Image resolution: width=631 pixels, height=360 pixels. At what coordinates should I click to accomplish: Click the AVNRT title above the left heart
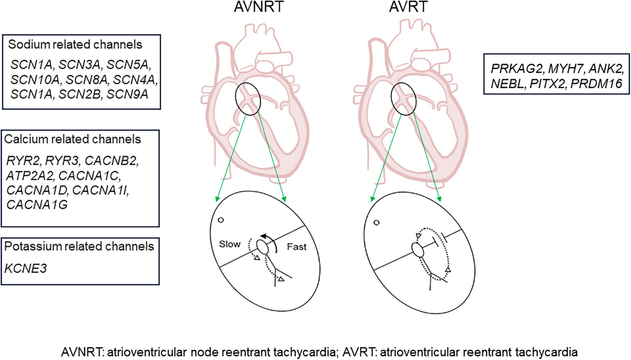[258, 7]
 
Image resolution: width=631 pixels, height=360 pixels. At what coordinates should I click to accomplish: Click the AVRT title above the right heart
[408, 7]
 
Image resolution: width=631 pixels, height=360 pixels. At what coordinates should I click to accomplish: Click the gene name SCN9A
[127, 95]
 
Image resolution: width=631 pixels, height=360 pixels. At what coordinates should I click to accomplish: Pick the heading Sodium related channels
[75, 45]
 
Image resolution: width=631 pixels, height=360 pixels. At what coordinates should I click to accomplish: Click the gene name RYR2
[23, 161]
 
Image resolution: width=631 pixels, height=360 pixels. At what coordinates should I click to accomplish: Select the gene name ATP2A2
[29, 176]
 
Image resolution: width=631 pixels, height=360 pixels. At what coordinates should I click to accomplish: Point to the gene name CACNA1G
[37, 205]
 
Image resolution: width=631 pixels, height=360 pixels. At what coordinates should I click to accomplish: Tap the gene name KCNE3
[26, 269]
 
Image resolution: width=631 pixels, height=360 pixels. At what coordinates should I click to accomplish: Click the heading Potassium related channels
[79, 247]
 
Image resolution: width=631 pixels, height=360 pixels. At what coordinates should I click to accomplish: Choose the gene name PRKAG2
[517, 69]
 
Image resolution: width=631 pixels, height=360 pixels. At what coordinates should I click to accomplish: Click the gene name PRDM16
[596, 84]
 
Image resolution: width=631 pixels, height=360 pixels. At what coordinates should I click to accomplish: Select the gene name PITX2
[547, 84]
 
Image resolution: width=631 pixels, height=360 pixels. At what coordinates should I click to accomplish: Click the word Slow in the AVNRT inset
[230, 244]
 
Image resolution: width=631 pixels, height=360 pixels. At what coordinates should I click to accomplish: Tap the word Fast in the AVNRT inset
[296, 247]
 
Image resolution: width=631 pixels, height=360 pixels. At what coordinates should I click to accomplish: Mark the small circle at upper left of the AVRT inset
[376, 223]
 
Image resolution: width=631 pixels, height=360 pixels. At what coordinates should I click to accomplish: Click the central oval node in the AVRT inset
[418, 250]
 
